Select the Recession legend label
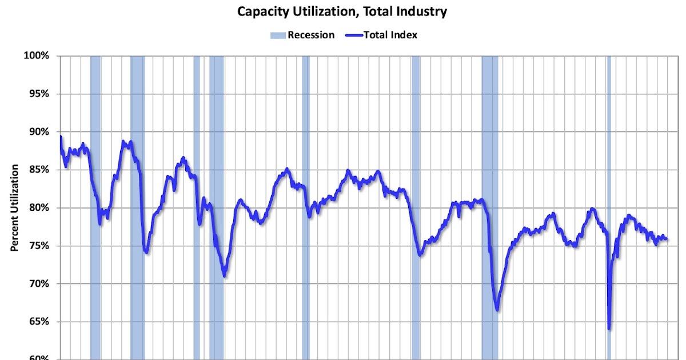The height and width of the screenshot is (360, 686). (x=311, y=35)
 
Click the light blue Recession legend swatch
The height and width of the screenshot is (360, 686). (x=277, y=35)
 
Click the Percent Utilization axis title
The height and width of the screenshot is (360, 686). (x=14, y=208)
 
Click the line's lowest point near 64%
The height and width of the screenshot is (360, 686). (x=609, y=328)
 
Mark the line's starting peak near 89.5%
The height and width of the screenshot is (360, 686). (x=61, y=137)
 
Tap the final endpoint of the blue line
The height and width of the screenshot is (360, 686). (x=667, y=238)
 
